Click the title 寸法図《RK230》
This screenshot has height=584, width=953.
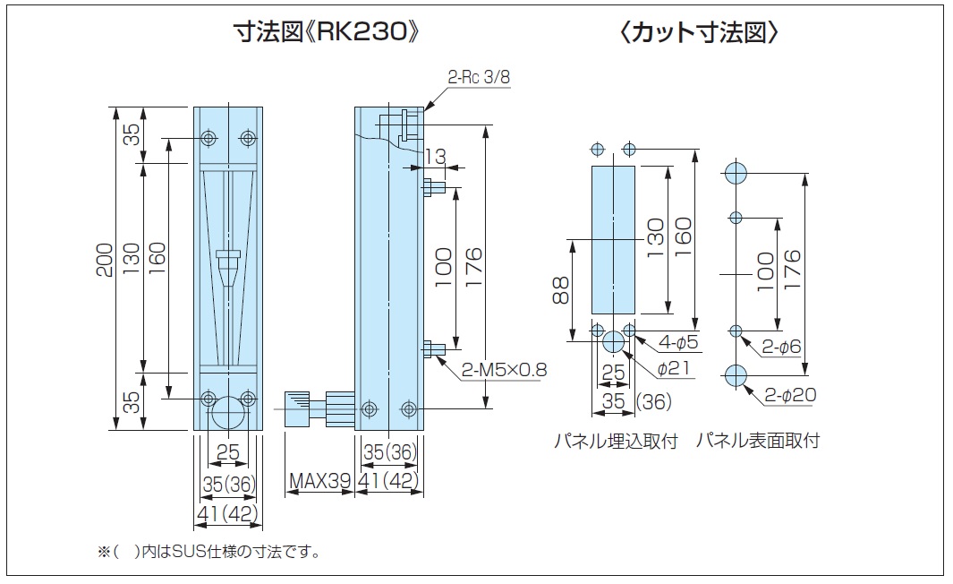[327, 33]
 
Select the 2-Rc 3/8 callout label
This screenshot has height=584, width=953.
[479, 77]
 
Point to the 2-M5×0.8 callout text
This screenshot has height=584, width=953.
[505, 370]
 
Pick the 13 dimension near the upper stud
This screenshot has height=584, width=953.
[434, 157]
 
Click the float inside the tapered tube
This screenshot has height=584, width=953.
[229, 258]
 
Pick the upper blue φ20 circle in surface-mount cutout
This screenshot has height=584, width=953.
[736, 173]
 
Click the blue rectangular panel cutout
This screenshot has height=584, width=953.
[613, 240]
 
